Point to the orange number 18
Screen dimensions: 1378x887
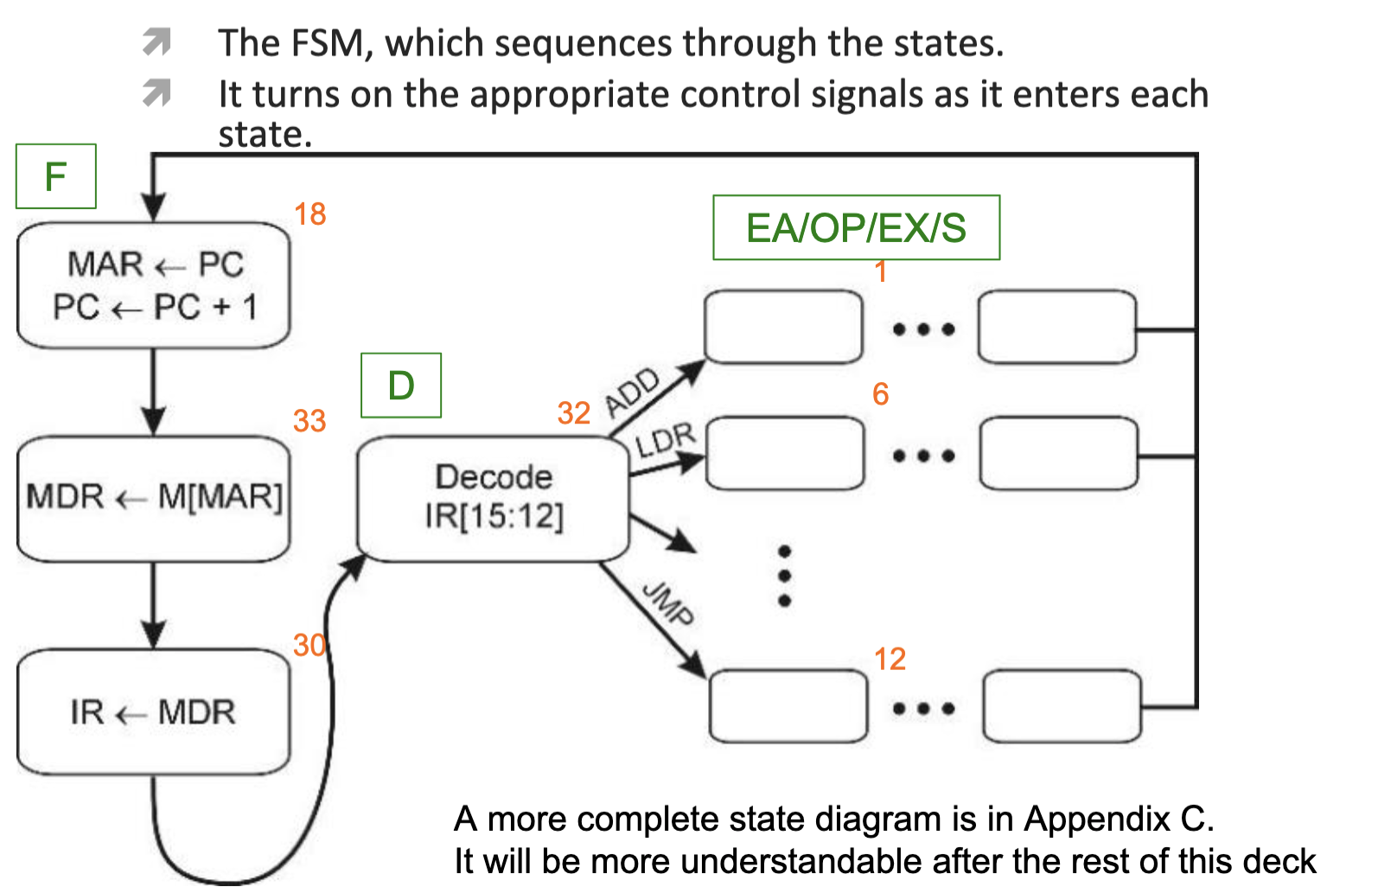[310, 214]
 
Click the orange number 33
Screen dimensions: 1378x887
[309, 421]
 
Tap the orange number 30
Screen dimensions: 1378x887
[309, 645]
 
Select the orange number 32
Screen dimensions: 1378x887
[574, 412]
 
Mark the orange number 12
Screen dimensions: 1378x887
[890, 659]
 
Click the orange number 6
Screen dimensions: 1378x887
[880, 393]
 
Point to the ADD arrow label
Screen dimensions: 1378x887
[633, 392]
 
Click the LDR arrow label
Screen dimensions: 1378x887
[665, 440]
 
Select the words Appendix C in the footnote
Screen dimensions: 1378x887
[1119, 819]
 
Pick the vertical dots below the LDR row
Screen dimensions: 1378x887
[784, 576]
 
